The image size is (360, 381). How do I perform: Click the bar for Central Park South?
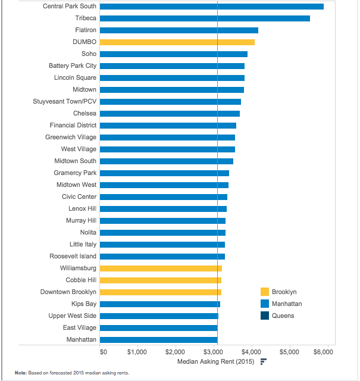pos(212,7)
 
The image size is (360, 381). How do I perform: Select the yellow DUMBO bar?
pos(177,42)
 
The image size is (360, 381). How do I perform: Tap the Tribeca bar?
pos(205,18)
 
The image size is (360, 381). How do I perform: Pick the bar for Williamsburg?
pos(161,268)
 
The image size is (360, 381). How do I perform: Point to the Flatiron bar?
pos(179,30)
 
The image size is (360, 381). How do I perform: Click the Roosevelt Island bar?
pos(162,257)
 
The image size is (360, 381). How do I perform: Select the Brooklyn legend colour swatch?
pos(265,292)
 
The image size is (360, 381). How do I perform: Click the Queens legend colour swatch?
pos(265,316)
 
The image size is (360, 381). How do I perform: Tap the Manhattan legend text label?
pos(287,304)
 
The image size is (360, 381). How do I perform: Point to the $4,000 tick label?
pos(252,352)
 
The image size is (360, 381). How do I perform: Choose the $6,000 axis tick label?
pos(323,352)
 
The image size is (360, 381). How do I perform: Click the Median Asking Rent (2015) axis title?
pos(216,362)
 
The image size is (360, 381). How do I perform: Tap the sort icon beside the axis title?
pos(264,361)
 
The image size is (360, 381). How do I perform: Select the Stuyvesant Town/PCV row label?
pos(65,101)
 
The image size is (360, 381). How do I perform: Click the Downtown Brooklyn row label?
pos(68,292)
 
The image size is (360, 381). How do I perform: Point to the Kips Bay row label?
pos(84,304)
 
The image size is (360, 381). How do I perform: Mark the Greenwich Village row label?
pos(71,138)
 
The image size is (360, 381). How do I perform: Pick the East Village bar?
pos(159,328)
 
